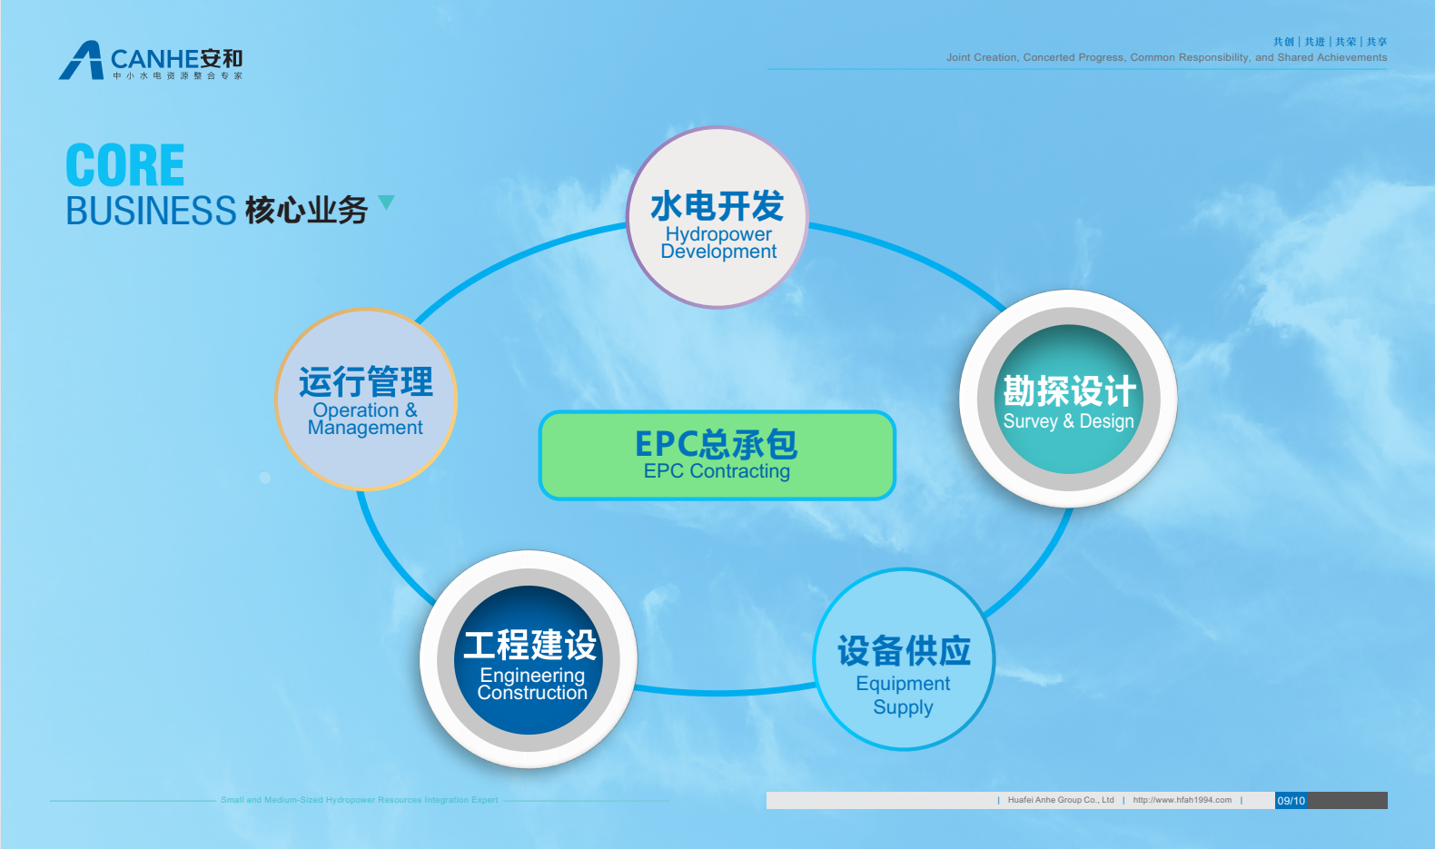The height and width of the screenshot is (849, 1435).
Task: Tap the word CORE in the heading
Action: pos(125,164)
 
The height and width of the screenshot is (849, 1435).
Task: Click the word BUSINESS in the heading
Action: pos(151,211)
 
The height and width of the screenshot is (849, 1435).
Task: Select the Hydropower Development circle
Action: pos(717,218)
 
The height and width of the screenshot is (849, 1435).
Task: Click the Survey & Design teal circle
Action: pos(1068,399)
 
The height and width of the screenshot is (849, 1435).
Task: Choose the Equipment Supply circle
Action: pos(904,659)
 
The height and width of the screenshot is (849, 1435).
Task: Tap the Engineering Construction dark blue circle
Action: pos(529,659)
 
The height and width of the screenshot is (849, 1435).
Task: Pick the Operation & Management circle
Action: pos(366,400)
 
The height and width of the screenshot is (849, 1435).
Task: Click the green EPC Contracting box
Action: pos(717,455)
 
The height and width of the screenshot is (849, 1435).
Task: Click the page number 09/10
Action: pos(1291,800)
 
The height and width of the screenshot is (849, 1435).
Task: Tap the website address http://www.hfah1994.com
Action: pos(1182,800)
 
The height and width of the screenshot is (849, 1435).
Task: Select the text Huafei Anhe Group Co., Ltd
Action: pos(1061,800)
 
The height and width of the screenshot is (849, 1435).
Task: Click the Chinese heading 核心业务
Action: pos(306,210)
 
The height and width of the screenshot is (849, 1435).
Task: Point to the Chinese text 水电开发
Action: pos(717,206)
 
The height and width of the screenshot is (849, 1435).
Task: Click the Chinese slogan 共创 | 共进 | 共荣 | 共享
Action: pos(1330,42)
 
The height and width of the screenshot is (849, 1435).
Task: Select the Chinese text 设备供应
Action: pos(904,651)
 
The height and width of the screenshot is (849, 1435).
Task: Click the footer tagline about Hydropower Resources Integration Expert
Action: pos(360,800)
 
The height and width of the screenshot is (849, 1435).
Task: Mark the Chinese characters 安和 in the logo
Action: pos(221,59)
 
